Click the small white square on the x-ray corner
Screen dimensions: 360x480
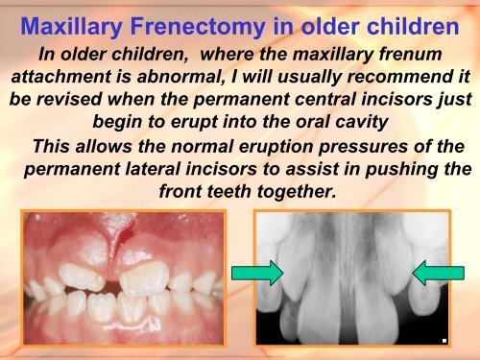coord(444,340)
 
